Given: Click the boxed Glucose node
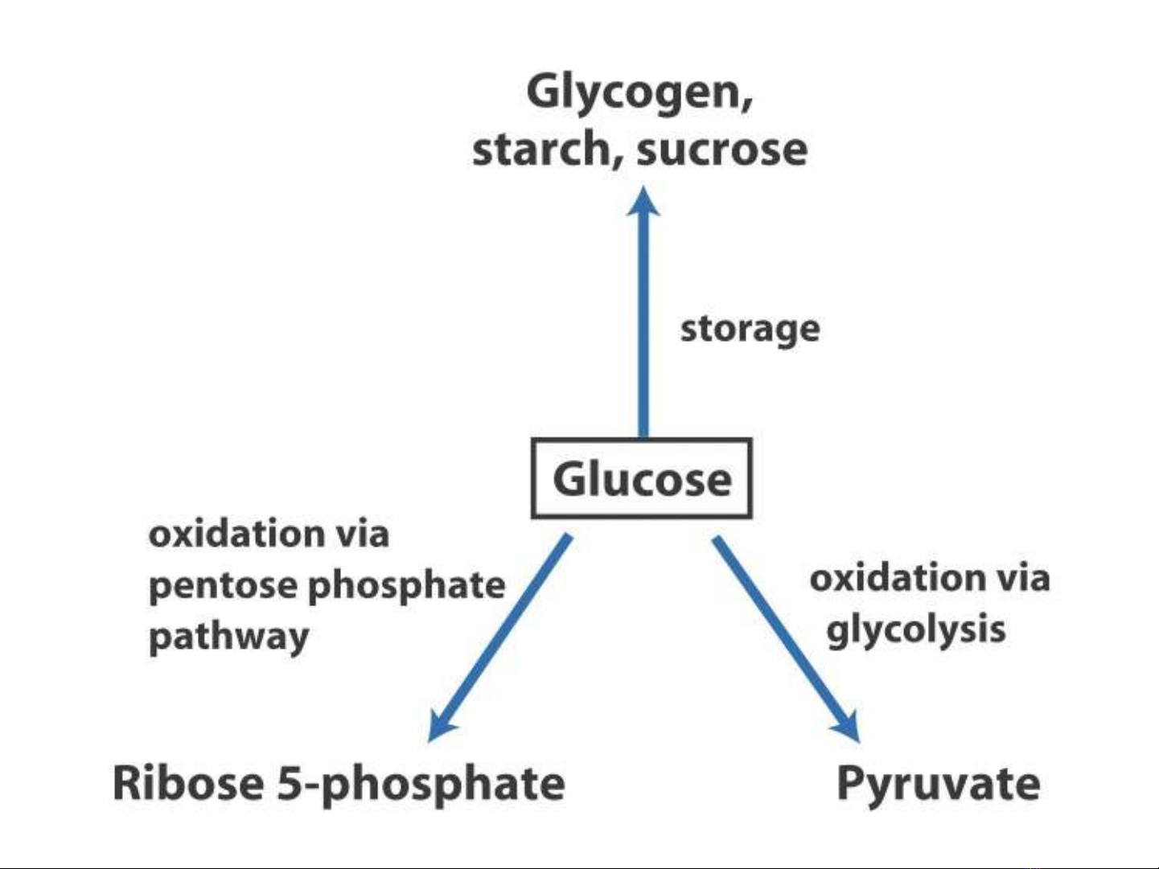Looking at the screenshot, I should [641, 479].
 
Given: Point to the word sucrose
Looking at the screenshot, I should [721, 150].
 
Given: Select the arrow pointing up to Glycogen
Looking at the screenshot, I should [643, 322].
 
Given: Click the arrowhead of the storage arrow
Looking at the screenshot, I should [643, 202].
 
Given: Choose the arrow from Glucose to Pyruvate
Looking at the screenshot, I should [784, 635].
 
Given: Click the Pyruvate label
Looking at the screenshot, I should [938, 784].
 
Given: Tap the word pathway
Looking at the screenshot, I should [228, 637].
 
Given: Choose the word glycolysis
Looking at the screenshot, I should [915, 629].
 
